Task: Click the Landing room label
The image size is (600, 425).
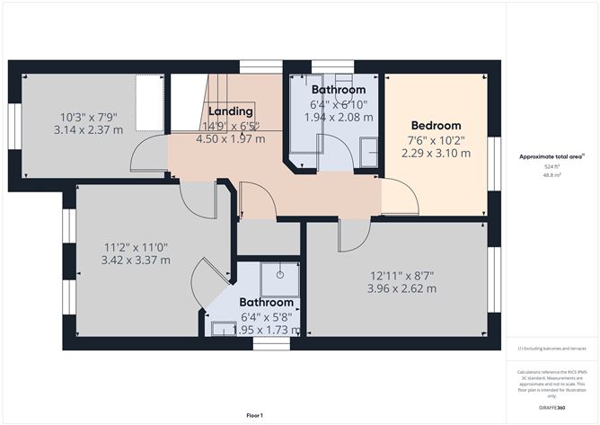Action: pos(230,112)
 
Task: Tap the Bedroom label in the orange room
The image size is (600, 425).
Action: pos(436,126)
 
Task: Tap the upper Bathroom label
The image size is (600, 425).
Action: pos(339,91)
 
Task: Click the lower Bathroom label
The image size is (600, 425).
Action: pos(266,303)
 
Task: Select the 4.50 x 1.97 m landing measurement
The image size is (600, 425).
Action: pos(230,139)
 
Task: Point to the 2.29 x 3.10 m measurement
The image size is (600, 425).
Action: pos(436,154)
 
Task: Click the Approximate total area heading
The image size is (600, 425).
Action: pos(551,156)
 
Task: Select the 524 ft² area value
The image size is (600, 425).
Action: pos(551,167)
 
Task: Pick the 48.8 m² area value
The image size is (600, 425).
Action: pos(551,176)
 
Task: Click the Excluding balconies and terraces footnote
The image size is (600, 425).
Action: pos(551,349)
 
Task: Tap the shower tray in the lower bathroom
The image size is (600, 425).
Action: pos(280,276)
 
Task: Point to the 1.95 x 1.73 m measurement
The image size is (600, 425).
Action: pos(266,331)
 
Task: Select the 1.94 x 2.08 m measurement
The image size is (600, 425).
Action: pos(339,118)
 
